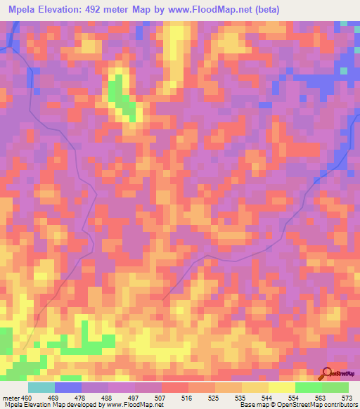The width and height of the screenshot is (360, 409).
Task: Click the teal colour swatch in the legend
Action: coord(41,387)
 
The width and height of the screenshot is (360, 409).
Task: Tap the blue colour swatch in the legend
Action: coord(68,387)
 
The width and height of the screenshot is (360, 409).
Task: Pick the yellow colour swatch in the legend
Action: coord(282,387)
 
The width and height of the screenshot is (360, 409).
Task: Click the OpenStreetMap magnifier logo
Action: coord(328,373)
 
